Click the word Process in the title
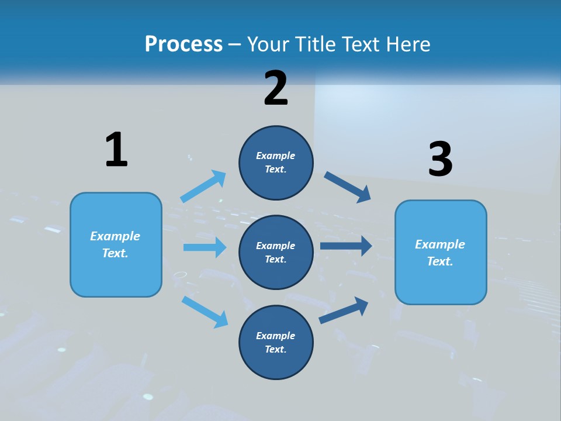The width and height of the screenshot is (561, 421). (183, 44)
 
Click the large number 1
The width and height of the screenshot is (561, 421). (116, 150)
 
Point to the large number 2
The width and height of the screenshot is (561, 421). (276, 88)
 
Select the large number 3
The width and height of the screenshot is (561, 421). (440, 160)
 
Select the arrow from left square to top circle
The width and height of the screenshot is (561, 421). (203, 187)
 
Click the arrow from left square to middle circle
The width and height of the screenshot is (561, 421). (205, 247)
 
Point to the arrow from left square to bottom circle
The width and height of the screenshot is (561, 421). (205, 311)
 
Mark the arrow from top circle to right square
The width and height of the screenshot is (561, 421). (348, 187)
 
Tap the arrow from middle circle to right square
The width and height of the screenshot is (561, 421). (346, 246)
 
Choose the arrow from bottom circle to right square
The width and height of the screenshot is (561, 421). (344, 310)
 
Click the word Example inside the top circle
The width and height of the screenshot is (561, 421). (276, 156)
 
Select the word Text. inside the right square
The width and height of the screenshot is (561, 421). (440, 261)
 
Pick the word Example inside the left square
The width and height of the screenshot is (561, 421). (115, 236)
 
